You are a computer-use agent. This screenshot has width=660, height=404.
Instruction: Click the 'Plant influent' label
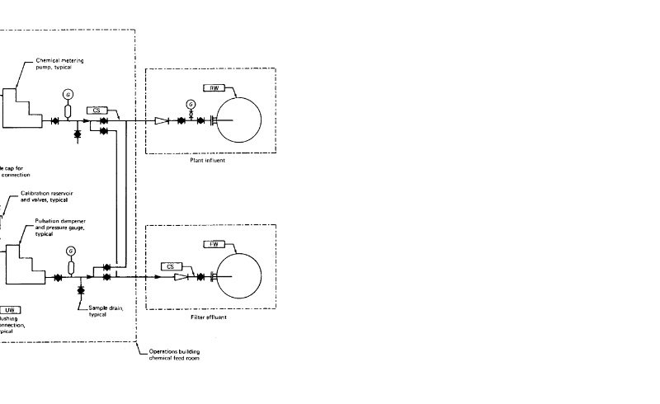click(206, 160)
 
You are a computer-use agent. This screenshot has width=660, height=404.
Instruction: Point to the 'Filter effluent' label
click(207, 317)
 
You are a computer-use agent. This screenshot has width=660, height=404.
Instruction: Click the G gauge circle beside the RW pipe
click(191, 105)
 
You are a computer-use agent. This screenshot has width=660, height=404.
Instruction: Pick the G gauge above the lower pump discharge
click(70, 251)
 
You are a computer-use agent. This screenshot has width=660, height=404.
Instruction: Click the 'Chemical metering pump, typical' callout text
click(59, 63)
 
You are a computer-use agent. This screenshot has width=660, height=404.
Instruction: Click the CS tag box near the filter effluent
click(170, 266)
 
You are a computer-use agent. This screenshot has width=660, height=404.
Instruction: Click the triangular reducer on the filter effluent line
click(180, 277)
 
